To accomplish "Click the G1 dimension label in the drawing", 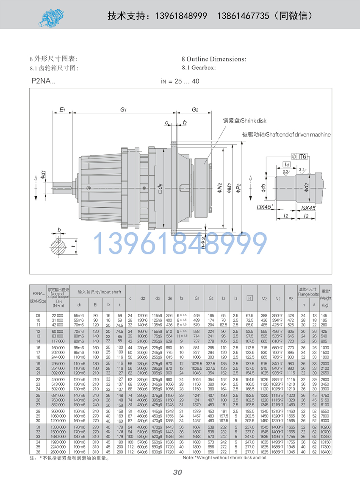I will [x=124, y=110].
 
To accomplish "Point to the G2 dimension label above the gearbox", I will [x=195, y=110].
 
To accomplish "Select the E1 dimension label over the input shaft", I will [x=62, y=110].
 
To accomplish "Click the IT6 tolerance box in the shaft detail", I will [x=302, y=156].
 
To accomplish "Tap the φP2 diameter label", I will [x=239, y=188].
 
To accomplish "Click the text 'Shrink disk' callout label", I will [x=245, y=121].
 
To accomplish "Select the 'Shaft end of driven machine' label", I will [x=286, y=134].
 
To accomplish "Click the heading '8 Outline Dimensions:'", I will [x=213, y=59].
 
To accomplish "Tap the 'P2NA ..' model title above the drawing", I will [x=43, y=81].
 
